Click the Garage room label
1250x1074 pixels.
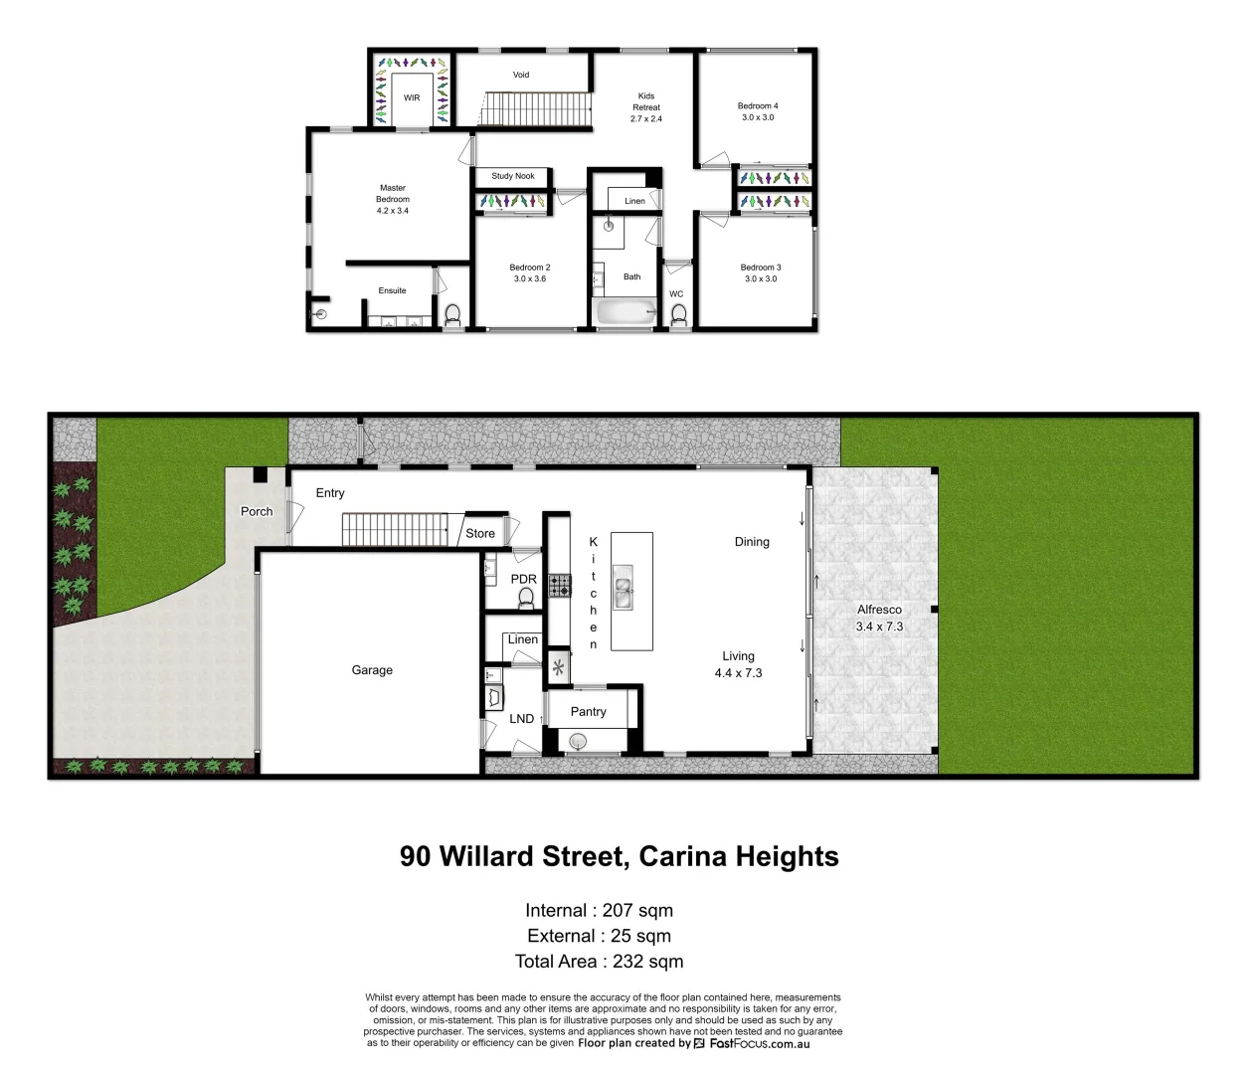(372, 670)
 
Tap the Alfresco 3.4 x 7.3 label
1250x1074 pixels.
(879, 618)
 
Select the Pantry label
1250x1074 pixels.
(588, 712)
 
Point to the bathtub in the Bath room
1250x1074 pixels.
(625, 312)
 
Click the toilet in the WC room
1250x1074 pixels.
(679, 315)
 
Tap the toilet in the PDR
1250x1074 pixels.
(526, 598)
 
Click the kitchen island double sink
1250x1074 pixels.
(623, 587)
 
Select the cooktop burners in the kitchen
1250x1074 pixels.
(560, 585)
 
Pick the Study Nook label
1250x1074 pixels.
(513, 176)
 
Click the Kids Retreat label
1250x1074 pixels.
(646, 107)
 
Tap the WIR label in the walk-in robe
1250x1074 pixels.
(412, 98)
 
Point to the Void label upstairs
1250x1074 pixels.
(521, 75)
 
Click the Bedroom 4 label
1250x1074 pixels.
(758, 111)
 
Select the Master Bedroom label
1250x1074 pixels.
(393, 199)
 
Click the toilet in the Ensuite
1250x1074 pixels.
(452, 315)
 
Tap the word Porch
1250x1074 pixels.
(257, 511)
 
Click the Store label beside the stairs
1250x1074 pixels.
(480, 534)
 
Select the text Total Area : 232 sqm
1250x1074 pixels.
(599, 962)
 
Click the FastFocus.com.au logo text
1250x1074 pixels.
(759, 1043)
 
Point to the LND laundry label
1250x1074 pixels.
(522, 719)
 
